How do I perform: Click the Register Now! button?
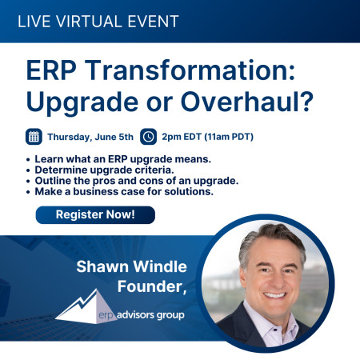[95, 215]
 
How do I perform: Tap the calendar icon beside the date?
[34, 137]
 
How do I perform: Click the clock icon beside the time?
[148, 137]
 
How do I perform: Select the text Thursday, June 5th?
[90, 137]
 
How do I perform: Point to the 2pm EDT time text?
[182, 137]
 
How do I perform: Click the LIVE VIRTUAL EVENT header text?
[98, 22]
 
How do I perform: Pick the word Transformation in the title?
[190, 70]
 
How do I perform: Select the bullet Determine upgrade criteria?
[104, 170]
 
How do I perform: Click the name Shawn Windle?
[132, 266]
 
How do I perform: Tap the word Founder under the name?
[152, 286]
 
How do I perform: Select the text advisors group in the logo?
[150, 315]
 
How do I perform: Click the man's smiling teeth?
[274, 295]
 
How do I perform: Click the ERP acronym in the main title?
[51, 70]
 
